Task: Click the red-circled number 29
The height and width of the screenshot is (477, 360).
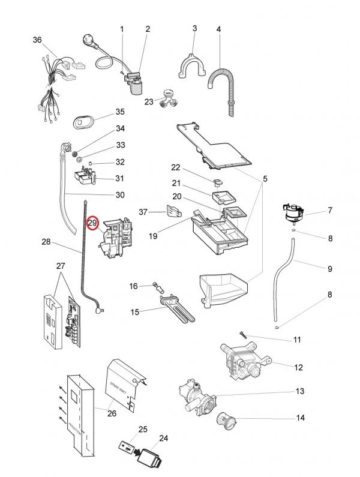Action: click(92, 223)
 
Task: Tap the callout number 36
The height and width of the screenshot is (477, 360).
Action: click(37, 40)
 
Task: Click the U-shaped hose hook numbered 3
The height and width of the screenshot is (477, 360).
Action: click(191, 63)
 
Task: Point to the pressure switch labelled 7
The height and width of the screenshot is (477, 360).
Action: click(295, 212)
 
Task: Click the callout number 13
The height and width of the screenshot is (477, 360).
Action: click(300, 391)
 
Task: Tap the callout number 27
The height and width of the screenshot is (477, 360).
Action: click(60, 265)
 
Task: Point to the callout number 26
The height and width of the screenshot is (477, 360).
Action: click(112, 413)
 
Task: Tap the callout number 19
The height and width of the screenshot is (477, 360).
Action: click(153, 236)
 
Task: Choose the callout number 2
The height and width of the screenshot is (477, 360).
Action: click(148, 29)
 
